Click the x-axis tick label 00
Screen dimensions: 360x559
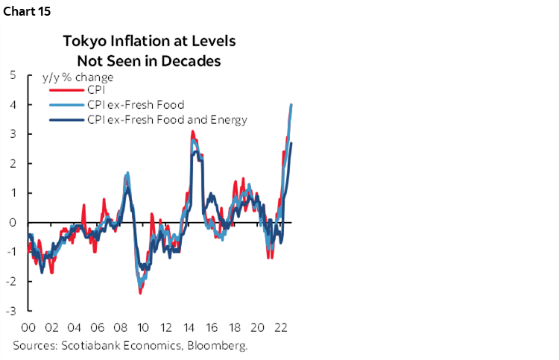(30, 327)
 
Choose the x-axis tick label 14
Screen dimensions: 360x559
(189, 327)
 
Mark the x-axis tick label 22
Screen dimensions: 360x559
(280, 327)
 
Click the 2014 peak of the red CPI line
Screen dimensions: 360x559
(192, 132)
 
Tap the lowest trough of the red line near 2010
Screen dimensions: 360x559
(140, 292)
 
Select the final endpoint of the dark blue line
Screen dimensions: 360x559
(291, 143)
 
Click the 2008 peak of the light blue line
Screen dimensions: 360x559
(127, 173)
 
